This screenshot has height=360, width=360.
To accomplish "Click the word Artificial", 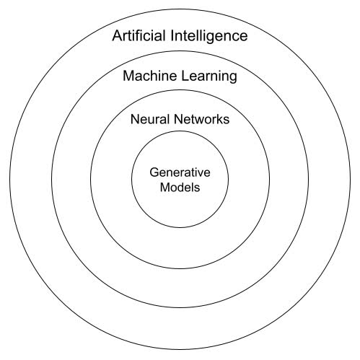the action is [139, 35].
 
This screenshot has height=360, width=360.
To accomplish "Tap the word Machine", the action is [150, 76].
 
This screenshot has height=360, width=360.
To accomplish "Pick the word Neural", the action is [150, 119].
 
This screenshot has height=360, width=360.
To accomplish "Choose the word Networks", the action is [202, 119].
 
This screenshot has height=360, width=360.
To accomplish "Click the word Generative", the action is [180, 172].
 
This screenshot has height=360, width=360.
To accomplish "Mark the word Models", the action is [180, 187].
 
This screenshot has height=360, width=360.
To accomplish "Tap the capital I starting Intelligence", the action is [172, 35].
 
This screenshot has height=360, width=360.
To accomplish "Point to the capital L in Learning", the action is [185, 76].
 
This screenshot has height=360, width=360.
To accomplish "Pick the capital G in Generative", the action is [154, 172].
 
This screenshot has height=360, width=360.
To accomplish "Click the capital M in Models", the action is [164, 187].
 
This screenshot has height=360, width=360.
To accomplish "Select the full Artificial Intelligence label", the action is [180, 37].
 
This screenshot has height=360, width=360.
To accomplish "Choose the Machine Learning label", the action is [180, 77].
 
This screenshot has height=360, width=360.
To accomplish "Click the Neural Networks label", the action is [180, 119].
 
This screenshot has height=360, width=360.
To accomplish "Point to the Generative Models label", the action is [180, 180].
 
